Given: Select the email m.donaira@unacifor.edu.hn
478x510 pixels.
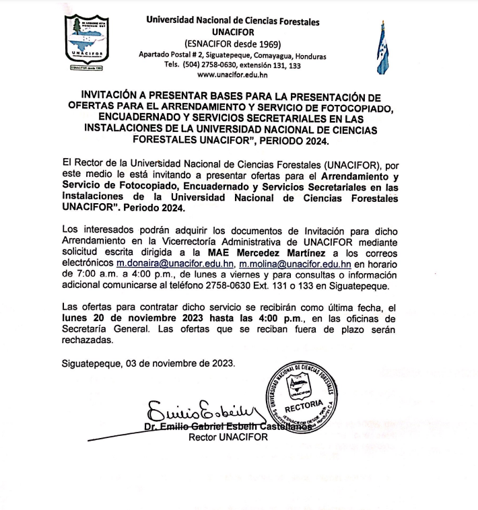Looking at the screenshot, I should pos(174,264).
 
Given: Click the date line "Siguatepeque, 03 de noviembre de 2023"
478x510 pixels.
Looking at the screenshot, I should pos(149,363).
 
